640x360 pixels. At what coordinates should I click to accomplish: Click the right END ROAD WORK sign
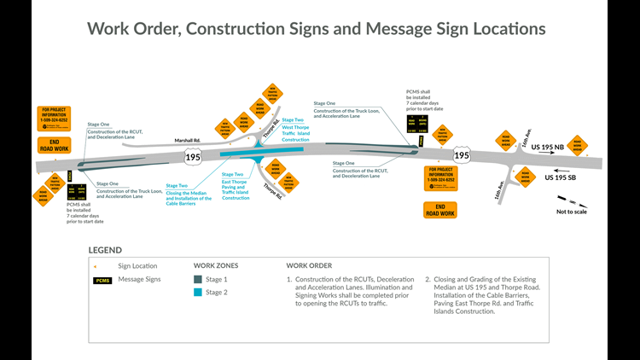(440, 209)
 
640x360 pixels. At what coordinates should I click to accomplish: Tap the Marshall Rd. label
(186, 141)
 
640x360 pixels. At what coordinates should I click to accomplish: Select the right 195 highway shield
(462, 155)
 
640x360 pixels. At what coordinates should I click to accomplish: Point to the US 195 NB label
(548, 148)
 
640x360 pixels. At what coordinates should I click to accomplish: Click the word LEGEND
(105, 250)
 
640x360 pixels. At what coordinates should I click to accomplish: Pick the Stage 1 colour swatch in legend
(199, 280)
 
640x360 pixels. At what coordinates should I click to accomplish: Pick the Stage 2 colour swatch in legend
(199, 293)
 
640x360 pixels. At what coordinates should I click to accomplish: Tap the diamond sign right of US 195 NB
(579, 143)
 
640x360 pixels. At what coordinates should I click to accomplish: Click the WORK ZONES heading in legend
(216, 265)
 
